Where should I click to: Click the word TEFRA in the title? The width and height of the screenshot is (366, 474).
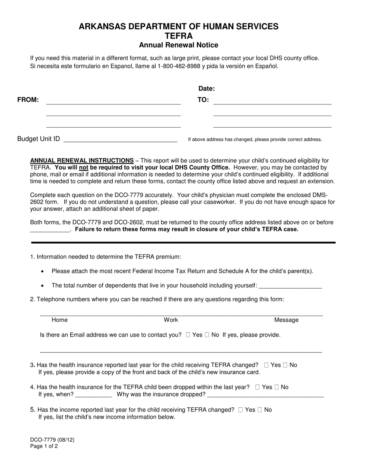[178, 36]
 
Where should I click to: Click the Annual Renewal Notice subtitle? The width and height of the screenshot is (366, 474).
[178, 45]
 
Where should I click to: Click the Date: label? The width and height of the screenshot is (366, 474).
[207, 89]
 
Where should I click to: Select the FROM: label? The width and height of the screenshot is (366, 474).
[28, 100]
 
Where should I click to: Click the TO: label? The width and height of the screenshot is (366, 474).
[203, 100]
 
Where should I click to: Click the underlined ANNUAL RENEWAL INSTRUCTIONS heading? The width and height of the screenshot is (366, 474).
[82, 160]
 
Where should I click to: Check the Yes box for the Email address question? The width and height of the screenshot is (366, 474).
[188, 335]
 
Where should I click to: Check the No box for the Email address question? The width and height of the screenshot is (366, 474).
[207, 335]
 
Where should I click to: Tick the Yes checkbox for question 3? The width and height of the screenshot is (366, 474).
[266, 365]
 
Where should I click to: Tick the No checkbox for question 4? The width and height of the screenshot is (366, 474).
[276, 387]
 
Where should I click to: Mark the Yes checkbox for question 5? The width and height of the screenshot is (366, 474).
[240, 410]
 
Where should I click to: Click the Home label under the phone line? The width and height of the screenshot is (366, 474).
[59, 320]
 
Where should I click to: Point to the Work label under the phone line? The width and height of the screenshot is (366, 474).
[171, 320]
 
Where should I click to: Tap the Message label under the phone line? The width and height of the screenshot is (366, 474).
[286, 320]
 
